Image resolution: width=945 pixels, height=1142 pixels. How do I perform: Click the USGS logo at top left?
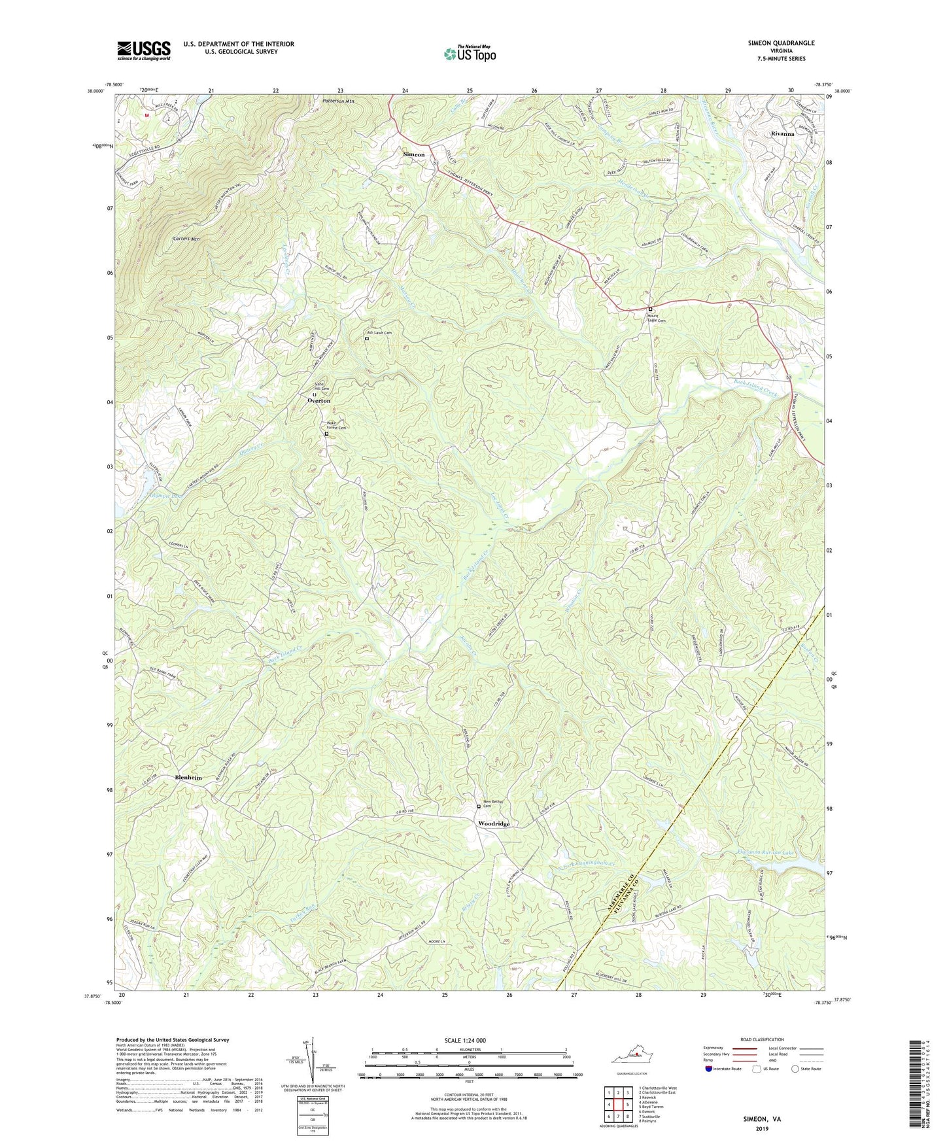(x=144, y=50)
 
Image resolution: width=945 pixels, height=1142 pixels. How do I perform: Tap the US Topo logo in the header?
(x=470, y=54)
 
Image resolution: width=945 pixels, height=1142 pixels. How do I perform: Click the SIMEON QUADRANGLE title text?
(x=781, y=43)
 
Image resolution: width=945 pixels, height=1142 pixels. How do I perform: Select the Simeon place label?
(x=413, y=154)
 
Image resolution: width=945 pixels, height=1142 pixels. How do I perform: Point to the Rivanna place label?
(x=782, y=133)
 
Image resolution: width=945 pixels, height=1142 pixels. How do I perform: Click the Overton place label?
(x=319, y=400)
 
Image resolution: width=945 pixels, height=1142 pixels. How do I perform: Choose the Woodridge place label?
(x=494, y=824)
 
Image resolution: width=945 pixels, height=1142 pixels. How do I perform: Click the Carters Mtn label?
(x=186, y=239)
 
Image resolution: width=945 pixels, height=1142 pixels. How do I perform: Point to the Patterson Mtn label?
(x=338, y=101)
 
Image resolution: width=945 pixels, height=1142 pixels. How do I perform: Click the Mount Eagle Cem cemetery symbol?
(x=650, y=309)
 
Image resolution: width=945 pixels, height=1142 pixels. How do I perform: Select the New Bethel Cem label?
(x=493, y=803)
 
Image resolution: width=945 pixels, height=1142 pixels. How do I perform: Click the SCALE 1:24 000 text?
(x=465, y=1040)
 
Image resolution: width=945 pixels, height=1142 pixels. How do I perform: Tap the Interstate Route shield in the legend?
(x=710, y=1069)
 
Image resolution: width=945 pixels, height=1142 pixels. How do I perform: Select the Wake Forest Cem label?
(x=336, y=425)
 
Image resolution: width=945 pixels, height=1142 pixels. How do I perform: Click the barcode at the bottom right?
(x=916, y=1086)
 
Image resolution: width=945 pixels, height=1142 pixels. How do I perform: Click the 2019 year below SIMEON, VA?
(x=762, y=1128)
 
